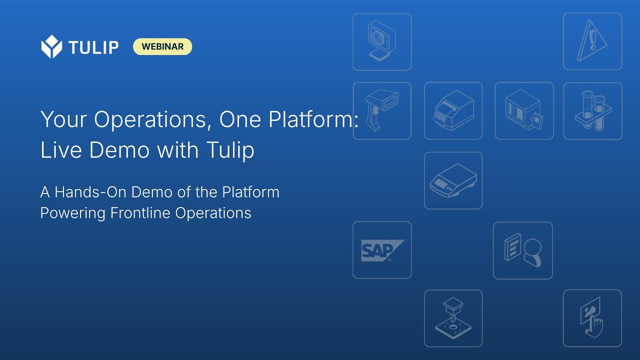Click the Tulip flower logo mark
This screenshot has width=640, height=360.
(x=51, y=47)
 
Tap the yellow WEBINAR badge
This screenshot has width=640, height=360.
(x=162, y=46)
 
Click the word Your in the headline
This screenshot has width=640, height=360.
(x=63, y=120)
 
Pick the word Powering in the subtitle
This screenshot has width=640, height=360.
(x=72, y=213)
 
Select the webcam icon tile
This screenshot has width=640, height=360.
(x=382, y=41)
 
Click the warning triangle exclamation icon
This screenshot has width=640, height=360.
(x=592, y=41)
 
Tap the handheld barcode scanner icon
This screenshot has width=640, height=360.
(x=382, y=111)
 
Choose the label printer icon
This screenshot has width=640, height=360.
(x=453, y=111)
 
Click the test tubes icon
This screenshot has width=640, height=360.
(x=592, y=111)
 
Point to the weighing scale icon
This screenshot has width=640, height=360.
(x=453, y=180)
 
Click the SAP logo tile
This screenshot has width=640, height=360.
(x=382, y=250)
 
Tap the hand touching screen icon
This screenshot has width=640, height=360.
(x=592, y=318)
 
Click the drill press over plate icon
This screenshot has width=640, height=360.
(x=453, y=318)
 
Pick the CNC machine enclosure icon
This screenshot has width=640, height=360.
(x=524, y=111)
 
